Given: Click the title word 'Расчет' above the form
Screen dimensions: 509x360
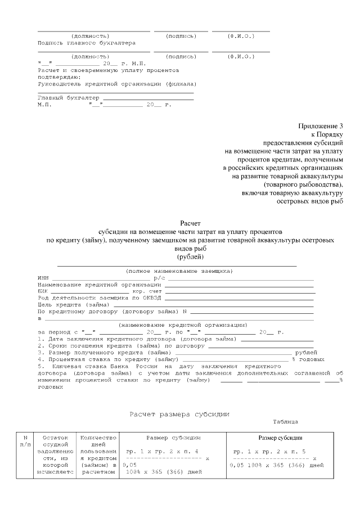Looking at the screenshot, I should point(190,223).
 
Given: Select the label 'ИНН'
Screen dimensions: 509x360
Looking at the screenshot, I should point(43,278).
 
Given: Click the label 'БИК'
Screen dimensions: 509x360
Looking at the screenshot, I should point(43,291).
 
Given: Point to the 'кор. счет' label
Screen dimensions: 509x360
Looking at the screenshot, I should point(147,291).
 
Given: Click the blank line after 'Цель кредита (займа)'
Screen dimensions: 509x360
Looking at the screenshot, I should point(214,305).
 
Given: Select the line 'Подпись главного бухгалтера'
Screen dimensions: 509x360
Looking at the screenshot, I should point(86,43).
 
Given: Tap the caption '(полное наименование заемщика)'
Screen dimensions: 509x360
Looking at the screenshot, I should point(179,271).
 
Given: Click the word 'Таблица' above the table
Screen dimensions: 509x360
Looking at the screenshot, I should point(286,421).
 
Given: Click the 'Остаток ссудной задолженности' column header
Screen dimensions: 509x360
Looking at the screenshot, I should point(54,454).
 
